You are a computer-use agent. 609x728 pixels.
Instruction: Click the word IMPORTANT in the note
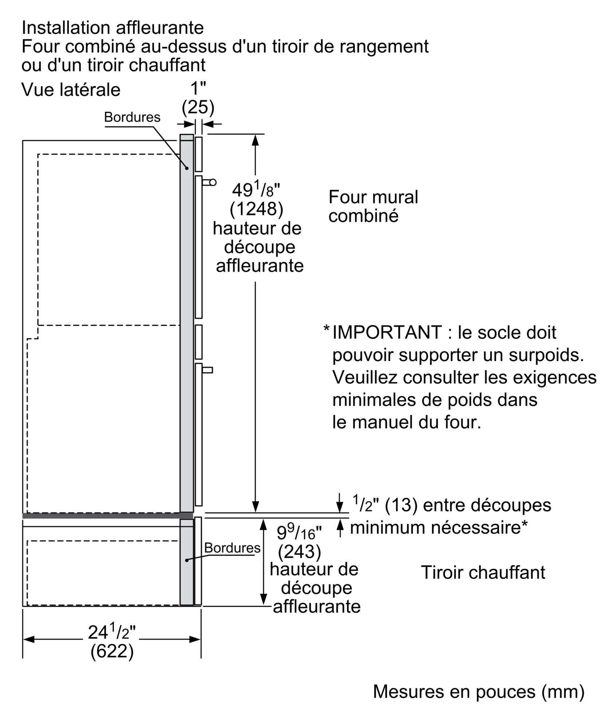point(387,333)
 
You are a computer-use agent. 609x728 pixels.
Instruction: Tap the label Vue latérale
point(71,90)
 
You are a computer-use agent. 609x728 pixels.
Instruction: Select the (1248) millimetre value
point(256,209)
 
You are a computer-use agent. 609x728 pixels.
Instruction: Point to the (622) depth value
point(112,652)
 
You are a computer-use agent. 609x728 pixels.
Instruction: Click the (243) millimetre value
point(299,552)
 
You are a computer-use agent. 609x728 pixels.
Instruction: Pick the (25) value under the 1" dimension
point(198,107)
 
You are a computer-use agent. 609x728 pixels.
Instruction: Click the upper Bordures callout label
point(132,117)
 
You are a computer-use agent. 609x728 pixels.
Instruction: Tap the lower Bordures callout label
point(232,548)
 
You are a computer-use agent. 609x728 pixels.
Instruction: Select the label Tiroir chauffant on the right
point(483,573)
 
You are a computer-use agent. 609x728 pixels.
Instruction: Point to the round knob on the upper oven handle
point(213,182)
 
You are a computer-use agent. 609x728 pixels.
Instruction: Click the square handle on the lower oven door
point(207,370)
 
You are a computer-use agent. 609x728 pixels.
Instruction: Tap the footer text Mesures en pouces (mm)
point(479,692)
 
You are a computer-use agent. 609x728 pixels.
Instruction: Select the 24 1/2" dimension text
point(111,633)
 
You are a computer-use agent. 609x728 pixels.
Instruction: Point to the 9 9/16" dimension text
point(299,533)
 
